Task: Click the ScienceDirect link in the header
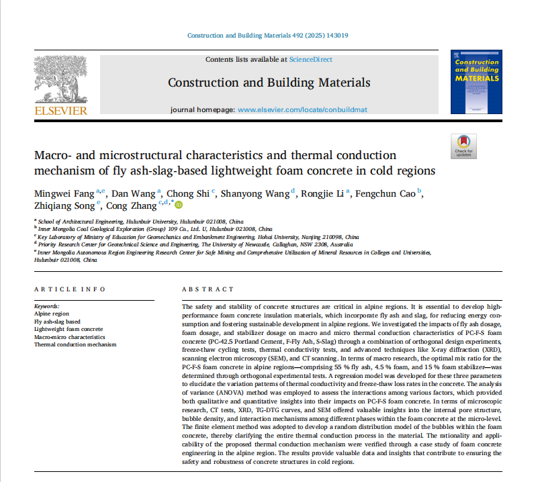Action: pos(310,60)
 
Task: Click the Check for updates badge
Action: pos(463,146)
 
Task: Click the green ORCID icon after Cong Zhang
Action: pos(179,205)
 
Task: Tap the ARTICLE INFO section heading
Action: pos(70,289)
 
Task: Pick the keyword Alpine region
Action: pos(51,314)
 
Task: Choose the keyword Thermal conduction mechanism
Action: pos(75,344)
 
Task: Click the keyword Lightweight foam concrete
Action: pos(69,329)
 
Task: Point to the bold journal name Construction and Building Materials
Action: pos(269,83)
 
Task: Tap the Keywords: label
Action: pos(46,306)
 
